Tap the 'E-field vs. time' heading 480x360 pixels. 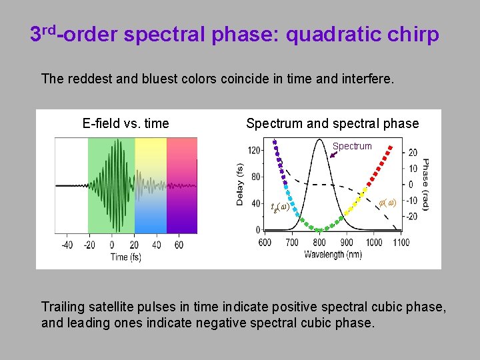[x=125, y=123]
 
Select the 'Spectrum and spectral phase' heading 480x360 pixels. [x=332, y=123]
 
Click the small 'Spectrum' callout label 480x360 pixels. [x=351, y=146]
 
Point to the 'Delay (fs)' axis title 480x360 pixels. [x=241, y=184]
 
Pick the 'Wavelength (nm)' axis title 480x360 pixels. [x=333, y=255]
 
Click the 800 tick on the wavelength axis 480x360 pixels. [x=319, y=243]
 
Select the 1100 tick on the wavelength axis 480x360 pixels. [x=401, y=243]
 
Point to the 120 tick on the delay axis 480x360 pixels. [x=254, y=151]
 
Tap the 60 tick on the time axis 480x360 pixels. [x=179, y=245]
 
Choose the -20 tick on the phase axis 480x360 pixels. [x=413, y=216]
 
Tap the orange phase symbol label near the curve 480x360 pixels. [x=387, y=202]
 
